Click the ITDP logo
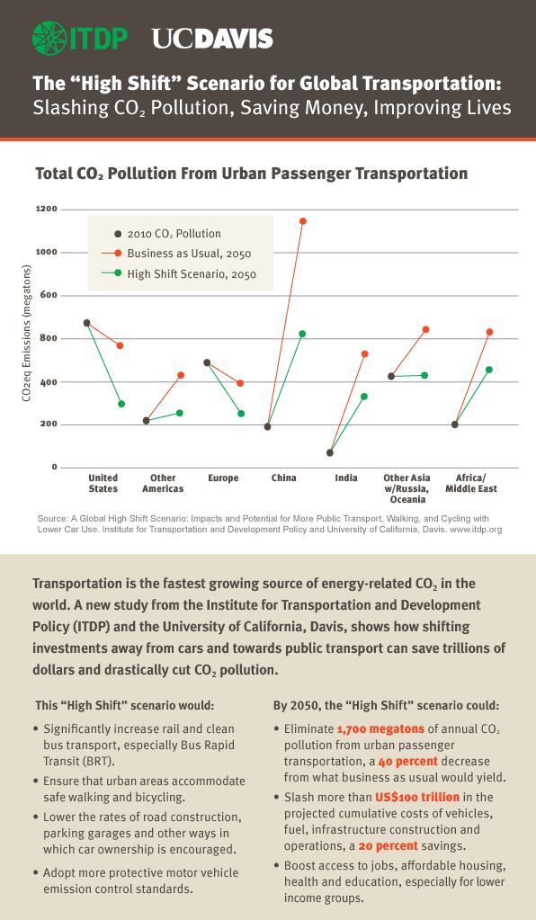click(80, 39)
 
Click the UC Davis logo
click(212, 39)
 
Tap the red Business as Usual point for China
click(302, 221)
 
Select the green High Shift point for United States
click(121, 404)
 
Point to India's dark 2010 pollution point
click(329, 452)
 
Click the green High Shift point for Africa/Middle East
click(489, 370)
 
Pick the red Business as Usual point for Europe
click(239, 383)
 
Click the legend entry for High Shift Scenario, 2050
click(179, 274)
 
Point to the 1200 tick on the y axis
click(46, 209)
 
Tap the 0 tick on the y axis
click(55, 467)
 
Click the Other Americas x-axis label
click(163, 484)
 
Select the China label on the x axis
click(284, 478)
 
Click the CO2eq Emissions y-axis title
click(26, 334)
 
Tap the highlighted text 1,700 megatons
click(380, 728)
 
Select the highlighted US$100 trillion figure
click(417, 797)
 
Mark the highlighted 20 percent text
click(389, 846)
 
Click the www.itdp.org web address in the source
click(476, 529)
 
